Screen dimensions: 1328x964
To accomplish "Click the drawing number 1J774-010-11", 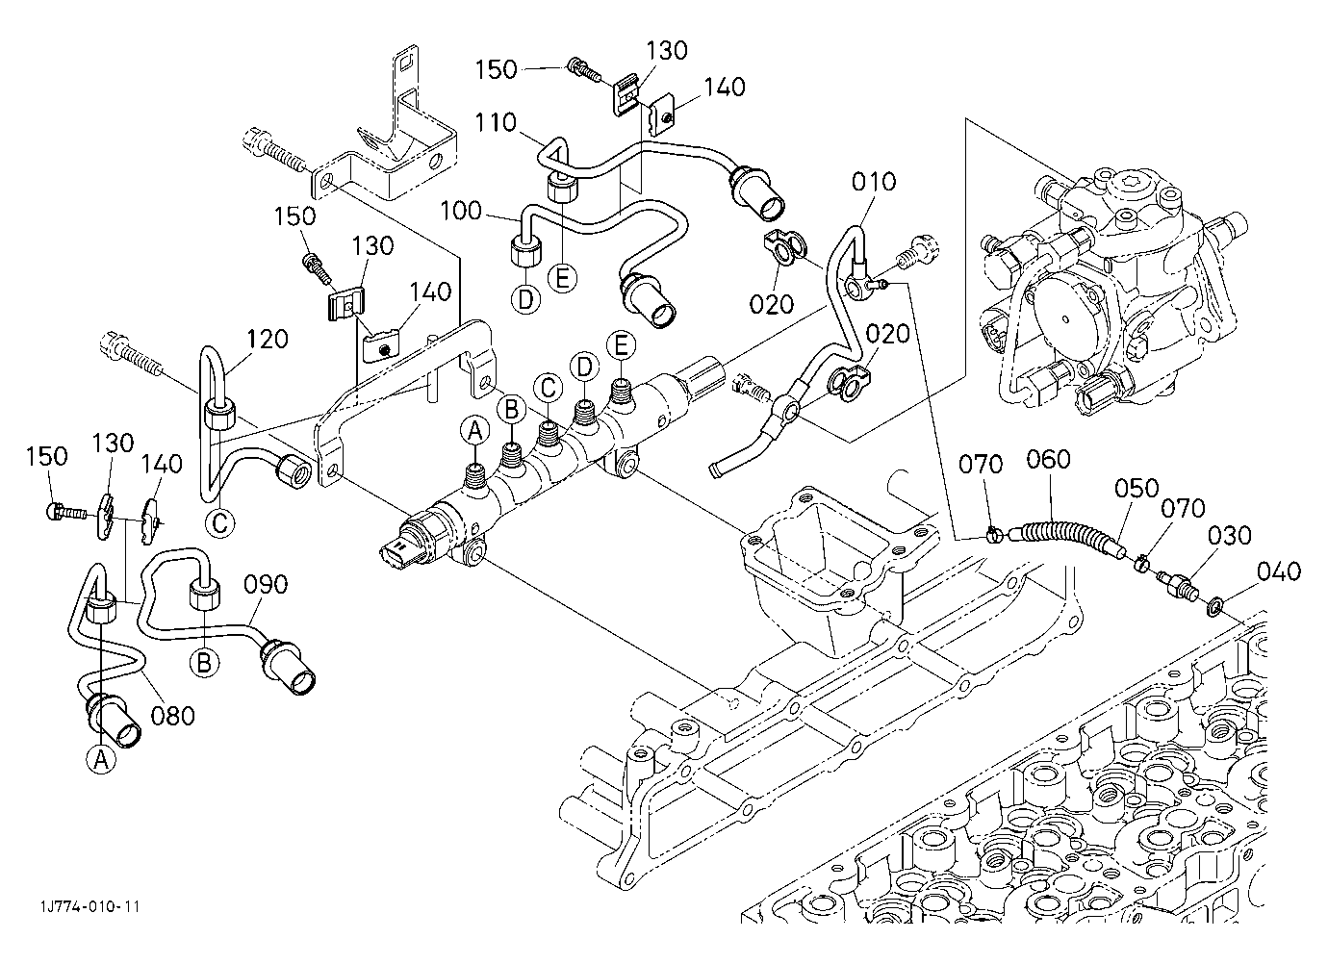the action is pos(90,906).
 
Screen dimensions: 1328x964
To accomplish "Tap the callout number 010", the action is pos(873,182).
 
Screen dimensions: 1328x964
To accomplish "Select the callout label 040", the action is pos(1279,571).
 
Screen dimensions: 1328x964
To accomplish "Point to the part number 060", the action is pos(1048,460).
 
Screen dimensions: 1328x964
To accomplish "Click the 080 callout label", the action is pos(172,716).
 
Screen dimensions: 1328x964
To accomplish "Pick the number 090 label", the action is pos(266,585).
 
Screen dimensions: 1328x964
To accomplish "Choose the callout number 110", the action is pos(496,123).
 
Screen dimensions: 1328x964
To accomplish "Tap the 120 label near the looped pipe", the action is pos(267,339).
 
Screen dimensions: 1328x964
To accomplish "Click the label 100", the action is pos(461,211).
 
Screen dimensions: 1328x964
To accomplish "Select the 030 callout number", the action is pos(1229,535).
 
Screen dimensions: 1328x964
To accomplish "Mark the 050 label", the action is pos(1136,489).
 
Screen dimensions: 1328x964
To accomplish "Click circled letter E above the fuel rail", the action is pos(621,345).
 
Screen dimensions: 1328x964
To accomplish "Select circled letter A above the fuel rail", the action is pos(475,431).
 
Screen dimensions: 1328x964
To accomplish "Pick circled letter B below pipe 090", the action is pos(203,662).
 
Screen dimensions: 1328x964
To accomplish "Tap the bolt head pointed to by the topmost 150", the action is pos(574,65).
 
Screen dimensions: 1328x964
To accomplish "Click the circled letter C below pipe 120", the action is pos(220,523).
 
